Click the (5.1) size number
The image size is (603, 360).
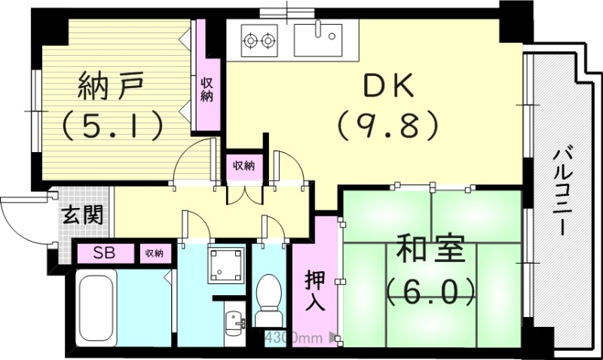point(112,124)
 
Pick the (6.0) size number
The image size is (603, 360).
point(430,289)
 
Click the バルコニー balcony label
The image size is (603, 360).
point(562,192)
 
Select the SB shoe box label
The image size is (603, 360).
point(106,253)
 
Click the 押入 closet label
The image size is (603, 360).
point(314,291)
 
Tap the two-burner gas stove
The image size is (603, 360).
point(259,38)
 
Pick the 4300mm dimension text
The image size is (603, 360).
point(289,337)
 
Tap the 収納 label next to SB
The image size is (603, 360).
point(155,253)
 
